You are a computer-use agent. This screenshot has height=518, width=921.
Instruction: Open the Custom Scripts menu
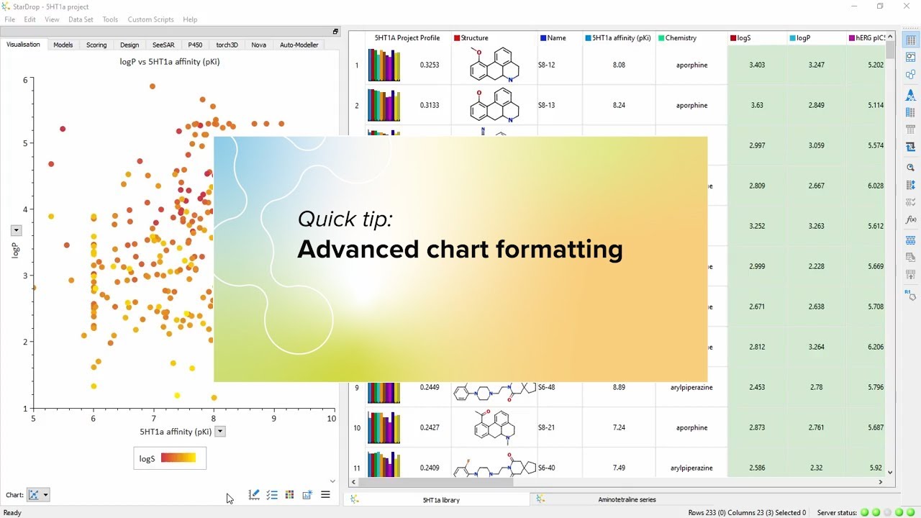[150, 19]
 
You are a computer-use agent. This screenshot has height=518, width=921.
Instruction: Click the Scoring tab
[96, 45]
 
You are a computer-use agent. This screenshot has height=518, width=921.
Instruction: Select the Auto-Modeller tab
[299, 45]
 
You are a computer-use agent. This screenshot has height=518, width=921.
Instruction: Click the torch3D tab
[227, 45]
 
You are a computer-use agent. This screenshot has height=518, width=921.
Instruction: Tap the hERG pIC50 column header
[866, 38]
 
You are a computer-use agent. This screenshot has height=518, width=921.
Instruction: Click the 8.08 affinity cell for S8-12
[619, 65]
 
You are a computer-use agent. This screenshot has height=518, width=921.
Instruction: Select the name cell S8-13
[547, 105]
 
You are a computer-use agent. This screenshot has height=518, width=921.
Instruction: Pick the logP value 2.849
[816, 105]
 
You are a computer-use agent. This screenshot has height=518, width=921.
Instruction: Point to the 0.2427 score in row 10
[430, 427]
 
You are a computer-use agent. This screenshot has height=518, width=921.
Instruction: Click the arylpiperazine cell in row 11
[691, 468]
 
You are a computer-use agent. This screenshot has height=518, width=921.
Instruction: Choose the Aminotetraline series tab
[627, 499]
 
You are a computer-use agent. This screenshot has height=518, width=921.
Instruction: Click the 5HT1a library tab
[441, 499]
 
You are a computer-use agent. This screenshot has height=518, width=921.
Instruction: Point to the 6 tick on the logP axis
[25, 80]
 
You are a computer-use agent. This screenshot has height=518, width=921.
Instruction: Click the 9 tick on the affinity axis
[273, 418]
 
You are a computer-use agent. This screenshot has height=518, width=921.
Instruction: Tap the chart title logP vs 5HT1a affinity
[170, 62]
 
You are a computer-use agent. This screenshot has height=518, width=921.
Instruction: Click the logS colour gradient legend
[178, 458]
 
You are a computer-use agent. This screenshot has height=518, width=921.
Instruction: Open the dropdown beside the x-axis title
[220, 432]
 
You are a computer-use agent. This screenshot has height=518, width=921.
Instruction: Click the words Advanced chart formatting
[460, 249]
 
